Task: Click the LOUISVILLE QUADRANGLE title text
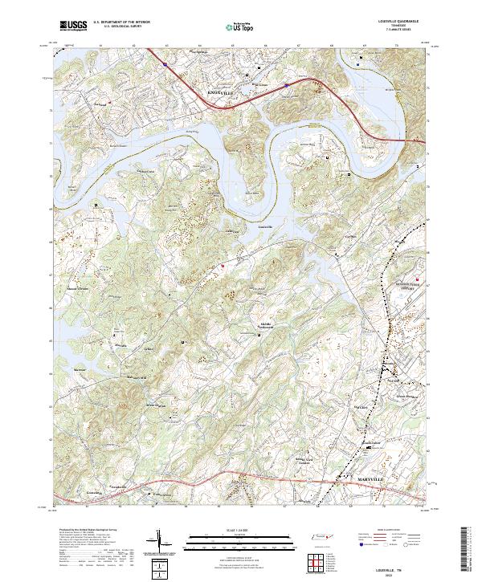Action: click(x=407, y=22)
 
